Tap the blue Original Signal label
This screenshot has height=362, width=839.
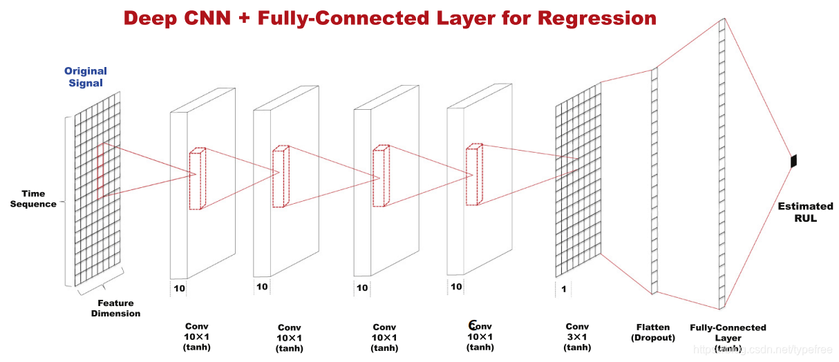click(x=85, y=77)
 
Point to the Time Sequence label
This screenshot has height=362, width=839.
click(x=33, y=199)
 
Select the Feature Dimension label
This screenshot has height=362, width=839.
click(x=115, y=308)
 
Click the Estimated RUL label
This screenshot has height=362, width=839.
click(x=805, y=212)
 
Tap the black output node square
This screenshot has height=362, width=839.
click(x=794, y=161)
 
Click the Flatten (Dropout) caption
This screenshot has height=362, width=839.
click(x=652, y=332)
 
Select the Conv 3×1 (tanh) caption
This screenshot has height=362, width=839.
click(x=577, y=336)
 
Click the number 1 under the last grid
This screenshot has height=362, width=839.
click(x=564, y=289)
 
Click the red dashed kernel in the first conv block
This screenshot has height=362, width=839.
click(x=198, y=178)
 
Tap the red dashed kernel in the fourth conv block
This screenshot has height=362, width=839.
click(x=473, y=174)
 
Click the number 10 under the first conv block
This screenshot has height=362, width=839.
click(x=179, y=288)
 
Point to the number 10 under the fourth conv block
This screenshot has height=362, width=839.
click(x=456, y=287)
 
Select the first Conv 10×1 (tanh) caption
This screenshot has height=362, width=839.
click(x=196, y=336)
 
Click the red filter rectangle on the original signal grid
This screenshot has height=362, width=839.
click(x=101, y=170)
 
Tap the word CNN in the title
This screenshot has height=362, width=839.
click(x=213, y=18)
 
